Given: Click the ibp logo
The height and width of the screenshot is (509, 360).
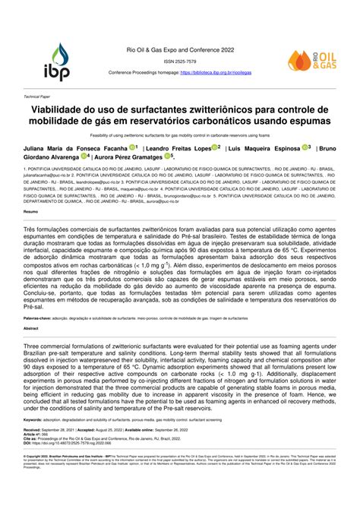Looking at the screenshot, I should [x=60, y=62].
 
